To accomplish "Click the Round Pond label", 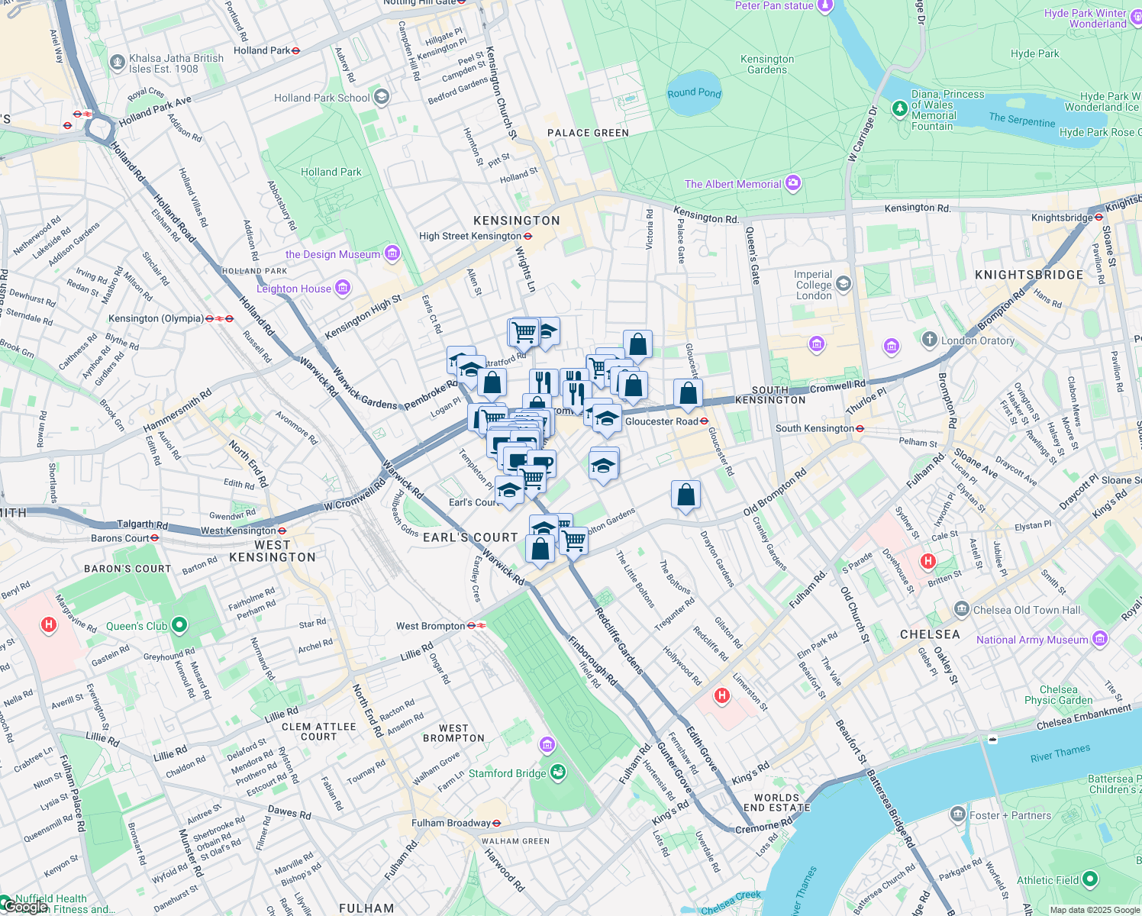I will [x=694, y=93].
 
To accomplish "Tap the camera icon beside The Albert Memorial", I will [x=793, y=183].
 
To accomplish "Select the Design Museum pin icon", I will [x=392, y=253].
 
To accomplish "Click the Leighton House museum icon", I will [x=343, y=288].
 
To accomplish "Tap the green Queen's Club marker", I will [x=179, y=626].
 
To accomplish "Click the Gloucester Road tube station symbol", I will [x=704, y=421].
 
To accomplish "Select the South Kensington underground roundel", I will [x=860, y=428].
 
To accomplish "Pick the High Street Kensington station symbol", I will [x=527, y=236].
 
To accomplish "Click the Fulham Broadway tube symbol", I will [x=496, y=823].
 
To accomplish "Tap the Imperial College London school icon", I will [x=844, y=285].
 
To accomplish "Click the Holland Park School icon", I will [x=382, y=97].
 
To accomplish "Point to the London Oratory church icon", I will [x=929, y=340].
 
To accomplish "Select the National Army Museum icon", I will [x=1099, y=639].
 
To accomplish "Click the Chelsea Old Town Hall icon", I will [x=961, y=609].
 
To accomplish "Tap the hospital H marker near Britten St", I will [x=927, y=562].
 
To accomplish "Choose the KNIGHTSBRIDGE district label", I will [x=1028, y=275].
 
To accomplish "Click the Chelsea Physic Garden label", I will [x=1058, y=695].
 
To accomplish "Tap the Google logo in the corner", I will [x=24, y=907].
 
